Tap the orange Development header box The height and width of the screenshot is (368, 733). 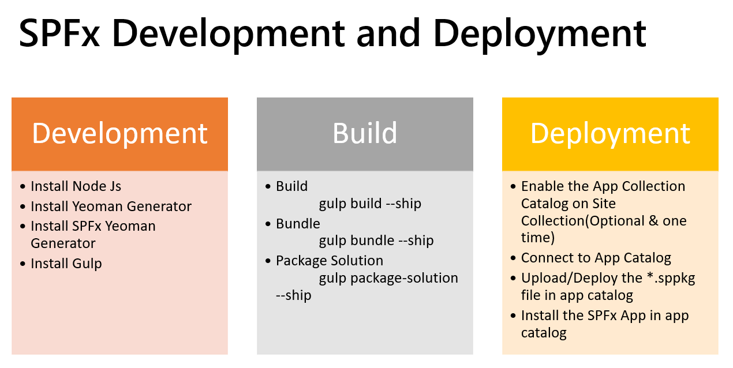(x=119, y=134)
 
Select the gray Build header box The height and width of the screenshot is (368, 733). (x=365, y=134)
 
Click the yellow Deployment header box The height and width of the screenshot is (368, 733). (x=610, y=134)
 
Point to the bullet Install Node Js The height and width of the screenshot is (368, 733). (x=76, y=186)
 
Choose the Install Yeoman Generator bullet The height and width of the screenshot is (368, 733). (x=111, y=206)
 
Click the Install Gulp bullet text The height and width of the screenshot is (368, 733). (x=66, y=264)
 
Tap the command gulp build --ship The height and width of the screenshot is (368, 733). (x=370, y=204)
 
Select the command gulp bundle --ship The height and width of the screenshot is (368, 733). (x=376, y=241)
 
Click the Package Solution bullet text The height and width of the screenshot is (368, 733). (x=329, y=260)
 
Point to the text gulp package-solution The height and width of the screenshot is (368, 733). (x=388, y=278)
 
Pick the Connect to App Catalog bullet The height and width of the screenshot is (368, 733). (x=596, y=258)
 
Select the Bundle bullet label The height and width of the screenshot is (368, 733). (x=298, y=223)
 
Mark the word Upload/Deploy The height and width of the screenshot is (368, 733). (x=563, y=278)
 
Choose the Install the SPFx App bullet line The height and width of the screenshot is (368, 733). (x=604, y=316)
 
